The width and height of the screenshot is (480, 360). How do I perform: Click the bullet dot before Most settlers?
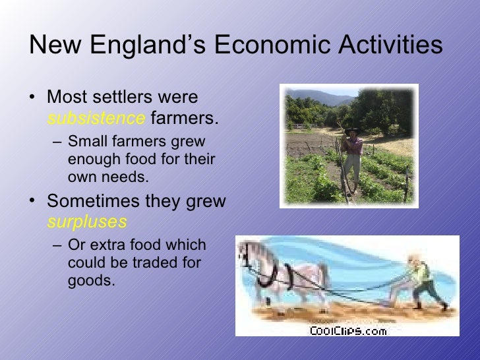tap(34, 98)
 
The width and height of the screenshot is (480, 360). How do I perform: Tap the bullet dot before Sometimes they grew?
tap(34, 201)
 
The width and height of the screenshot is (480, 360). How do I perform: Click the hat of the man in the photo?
tap(353, 130)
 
